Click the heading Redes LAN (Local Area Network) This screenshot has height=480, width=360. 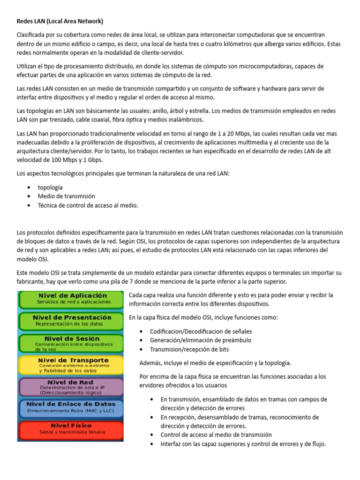pos(60,21)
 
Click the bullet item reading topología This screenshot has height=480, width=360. pos(50,187)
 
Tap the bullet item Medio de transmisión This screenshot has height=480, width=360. pos(66,196)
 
